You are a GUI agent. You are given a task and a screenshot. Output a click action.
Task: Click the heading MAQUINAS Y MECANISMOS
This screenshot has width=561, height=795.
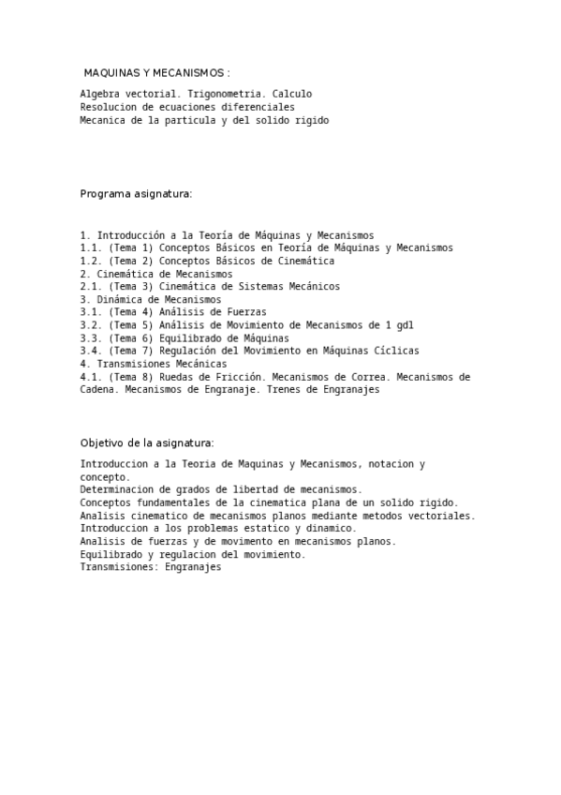coord(156,72)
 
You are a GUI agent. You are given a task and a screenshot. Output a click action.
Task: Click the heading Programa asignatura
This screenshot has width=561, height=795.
coord(136,193)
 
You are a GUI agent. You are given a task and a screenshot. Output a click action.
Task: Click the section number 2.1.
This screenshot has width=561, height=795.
coord(91,286)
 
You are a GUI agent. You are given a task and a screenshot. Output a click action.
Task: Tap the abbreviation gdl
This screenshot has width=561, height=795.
coord(405,325)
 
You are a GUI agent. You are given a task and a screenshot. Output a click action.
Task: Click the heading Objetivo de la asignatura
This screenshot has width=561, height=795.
coord(147,442)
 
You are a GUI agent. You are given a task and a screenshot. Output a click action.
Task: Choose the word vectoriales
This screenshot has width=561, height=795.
coord(438,516)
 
